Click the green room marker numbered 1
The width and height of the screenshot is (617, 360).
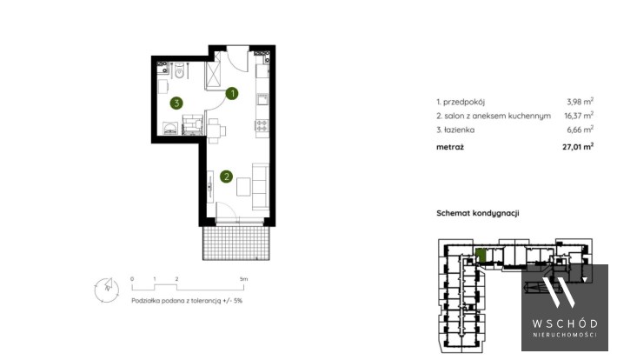tap(232, 93)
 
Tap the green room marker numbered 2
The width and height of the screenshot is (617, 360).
tap(226, 177)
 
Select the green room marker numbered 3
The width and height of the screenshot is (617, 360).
tap(176, 103)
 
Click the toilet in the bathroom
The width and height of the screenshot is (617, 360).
tap(179, 71)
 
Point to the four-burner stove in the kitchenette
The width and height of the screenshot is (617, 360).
tap(262, 125)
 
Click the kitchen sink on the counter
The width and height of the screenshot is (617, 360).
tap(262, 99)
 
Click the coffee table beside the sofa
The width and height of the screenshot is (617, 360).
tap(243, 187)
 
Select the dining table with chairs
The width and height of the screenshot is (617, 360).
tap(216, 130)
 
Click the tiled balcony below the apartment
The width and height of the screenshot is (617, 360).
tap(236, 243)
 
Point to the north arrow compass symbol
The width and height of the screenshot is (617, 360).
tap(106, 290)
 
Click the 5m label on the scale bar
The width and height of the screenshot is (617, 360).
tap(243, 279)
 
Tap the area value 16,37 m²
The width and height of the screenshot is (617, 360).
tap(579, 115)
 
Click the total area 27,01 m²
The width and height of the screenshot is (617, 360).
tap(578, 146)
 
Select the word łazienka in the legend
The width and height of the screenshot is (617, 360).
tap(459, 130)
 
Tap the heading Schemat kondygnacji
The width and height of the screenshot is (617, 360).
tap(478, 213)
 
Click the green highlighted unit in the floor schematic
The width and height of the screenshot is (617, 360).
tap(481, 255)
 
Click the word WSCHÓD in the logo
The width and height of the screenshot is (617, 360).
tap(565, 323)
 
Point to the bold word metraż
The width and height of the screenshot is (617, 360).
tap(450, 147)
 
